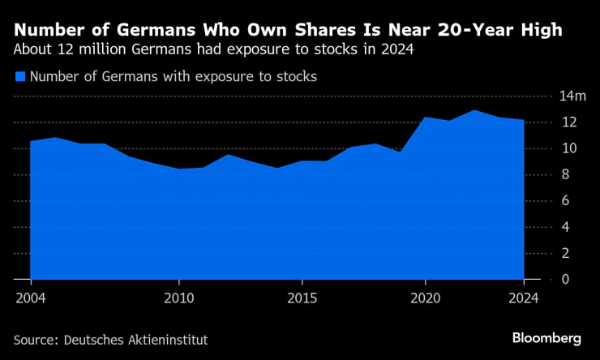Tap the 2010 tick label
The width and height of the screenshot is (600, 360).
[x=178, y=297]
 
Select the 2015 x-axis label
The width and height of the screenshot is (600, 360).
[x=302, y=297]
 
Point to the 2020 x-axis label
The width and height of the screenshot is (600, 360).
[x=426, y=297]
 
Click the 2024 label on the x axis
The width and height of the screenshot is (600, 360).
[x=524, y=297]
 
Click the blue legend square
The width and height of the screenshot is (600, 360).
[x=20, y=77]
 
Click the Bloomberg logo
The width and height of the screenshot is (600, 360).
[x=546, y=337]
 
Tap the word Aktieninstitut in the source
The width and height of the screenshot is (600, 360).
[x=169, y=339]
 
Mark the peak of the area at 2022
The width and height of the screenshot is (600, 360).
[x=474, y=110]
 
